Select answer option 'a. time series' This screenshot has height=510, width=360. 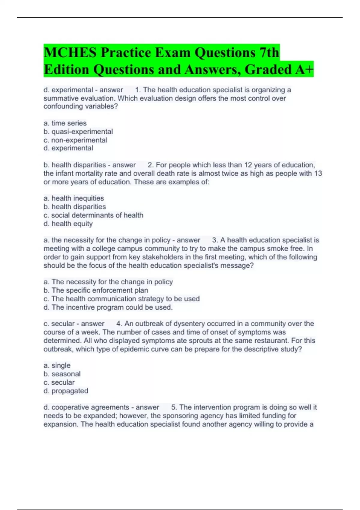pyautogui.click(x=65, y=123)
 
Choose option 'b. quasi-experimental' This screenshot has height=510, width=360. pyautogui.click(x=78, y=131)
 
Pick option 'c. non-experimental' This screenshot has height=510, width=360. pyautogui.click(x=75, y=140)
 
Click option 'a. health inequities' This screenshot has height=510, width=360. pyautogui.click(x=74, y=198)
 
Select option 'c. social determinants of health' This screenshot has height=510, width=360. pyautogui.click(x=93, y=215)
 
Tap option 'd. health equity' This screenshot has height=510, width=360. pyautogui.click(x=68, y=223)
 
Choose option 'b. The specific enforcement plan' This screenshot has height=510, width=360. pyautogui.click(x=96, y=290)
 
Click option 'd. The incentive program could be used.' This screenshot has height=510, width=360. pyautogui.click(x=108, y=307)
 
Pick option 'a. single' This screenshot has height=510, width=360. pyautogui.click(x=57, y=365)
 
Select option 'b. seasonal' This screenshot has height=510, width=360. pyautogui.click(x=62, y=374)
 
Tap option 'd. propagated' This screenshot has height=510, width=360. pyautogui.click(x=66, y=391)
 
